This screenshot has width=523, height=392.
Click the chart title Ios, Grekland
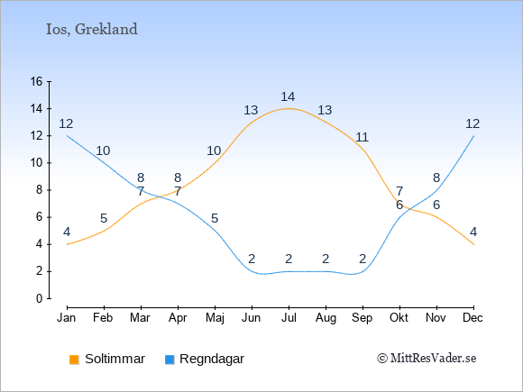[x=92, y=30]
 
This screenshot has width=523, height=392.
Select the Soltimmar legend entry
[x=107, y=359]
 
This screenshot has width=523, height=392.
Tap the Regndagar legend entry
[x=205, y=359]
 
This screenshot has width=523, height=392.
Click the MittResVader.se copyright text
[x=427, y=359]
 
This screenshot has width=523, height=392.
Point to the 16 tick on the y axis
[x=36, y=81]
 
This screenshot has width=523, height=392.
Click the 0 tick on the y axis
[x=40, y=298]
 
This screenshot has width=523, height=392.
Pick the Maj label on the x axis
[x=215, y=318]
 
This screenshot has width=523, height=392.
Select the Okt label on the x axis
[x=399, y=318]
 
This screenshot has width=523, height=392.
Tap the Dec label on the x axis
[x=473, y=318]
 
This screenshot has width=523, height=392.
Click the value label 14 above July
[x=288, y=97]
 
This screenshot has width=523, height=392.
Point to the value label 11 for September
[x=362, y=137]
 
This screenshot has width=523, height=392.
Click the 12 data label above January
[x=66, y=124]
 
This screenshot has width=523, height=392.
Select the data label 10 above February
[x=103, y=151]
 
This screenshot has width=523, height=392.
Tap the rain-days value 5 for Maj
[x=215, y=219]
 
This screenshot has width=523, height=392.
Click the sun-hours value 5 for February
[x=104, y=219]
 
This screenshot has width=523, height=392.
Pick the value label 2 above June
[x=252, y=259]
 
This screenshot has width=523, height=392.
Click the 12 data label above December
[x=473, y=124]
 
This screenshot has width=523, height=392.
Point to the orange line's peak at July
[x=289, y=108]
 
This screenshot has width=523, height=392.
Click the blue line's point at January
[x=68, y=136]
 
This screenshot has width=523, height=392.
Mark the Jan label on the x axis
[x=67, y=318]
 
